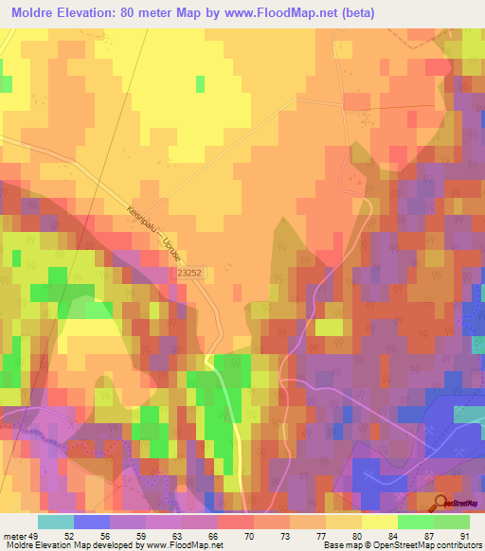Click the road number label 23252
click(x=189, y=273)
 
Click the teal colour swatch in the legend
click(x=56, y=522)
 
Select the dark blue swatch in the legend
click(x=92, y=522)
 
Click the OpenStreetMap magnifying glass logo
click(x=441, y=504)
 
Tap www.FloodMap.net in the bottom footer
click(x=184, y=544)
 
